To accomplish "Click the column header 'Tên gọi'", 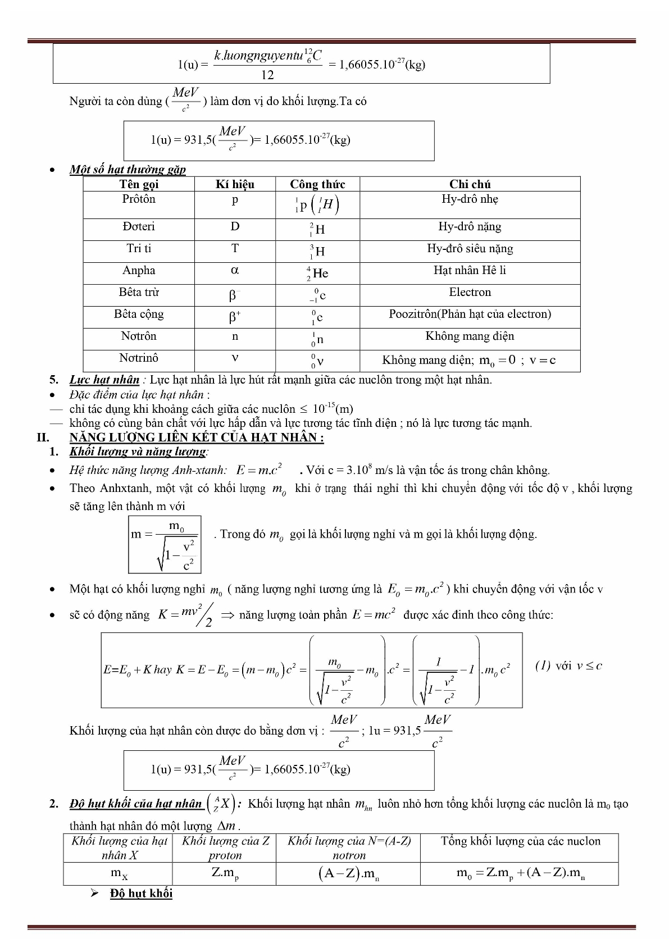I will pos(139,184).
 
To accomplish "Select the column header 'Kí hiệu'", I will pos(235,184).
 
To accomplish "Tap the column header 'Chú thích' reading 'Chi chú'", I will pos(470,184).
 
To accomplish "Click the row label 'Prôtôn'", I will pos(139,199).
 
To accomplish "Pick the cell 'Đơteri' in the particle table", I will pos(139,226).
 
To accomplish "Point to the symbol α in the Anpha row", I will pos(235,270).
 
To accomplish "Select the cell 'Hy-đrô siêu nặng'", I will pos(470,248).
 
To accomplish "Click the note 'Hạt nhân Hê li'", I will pos(470,270).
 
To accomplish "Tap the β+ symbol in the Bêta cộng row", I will pos(235,317).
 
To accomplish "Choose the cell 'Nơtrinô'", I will pos(139,358).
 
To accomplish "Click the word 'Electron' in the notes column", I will pos(470,292).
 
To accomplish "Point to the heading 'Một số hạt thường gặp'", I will pos(128,169).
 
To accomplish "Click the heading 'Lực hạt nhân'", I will pos(104,380).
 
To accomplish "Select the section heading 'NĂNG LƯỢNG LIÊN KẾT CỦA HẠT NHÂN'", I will pos(197,437).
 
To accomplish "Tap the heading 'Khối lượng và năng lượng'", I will pos(138,452).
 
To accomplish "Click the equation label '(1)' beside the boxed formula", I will pos(543,665).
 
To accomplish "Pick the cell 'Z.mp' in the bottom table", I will pos(225,873).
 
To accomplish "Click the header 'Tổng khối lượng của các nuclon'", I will pos(520,841).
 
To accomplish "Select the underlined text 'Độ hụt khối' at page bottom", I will pos(141,894).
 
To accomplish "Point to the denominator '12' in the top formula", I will pos(267,75).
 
